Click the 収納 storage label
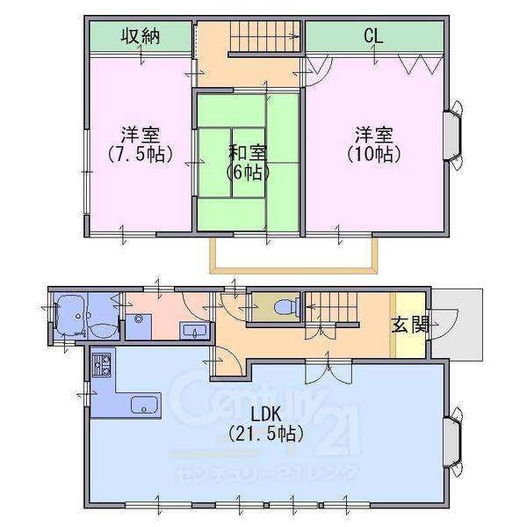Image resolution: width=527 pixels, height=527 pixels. click(x=141, y=36)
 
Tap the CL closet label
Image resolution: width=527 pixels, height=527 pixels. click(x=373, y=36)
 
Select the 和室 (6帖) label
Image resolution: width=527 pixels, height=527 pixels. click(x=248, y=162)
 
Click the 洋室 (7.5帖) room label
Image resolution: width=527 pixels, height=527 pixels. click(x=141, y=144)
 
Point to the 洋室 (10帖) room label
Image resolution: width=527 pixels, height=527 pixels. click(x=374, y=144)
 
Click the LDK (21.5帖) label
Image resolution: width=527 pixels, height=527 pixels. click(x=266, y=423)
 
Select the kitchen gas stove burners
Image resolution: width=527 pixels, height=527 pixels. click(x=102, y=365)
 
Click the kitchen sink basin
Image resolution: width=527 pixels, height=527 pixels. click(x=144, y=405)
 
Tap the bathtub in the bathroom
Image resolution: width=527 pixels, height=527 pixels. click(x=70, y=316)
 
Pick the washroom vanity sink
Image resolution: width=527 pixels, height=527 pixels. click(x=195, y=330)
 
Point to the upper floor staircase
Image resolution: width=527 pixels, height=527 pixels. click(x=265, y=37)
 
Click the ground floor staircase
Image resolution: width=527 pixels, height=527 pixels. click(x=331, y=307)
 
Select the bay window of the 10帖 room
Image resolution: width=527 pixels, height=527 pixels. click(x=453, y=135)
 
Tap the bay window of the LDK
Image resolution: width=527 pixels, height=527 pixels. click(x=453, y=442)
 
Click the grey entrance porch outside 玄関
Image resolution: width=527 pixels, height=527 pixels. click(x=457, y=325)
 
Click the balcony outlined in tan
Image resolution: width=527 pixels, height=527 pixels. click(x=293, y=255)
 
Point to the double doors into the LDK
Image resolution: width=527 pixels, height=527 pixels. click(x=328, y=372)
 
